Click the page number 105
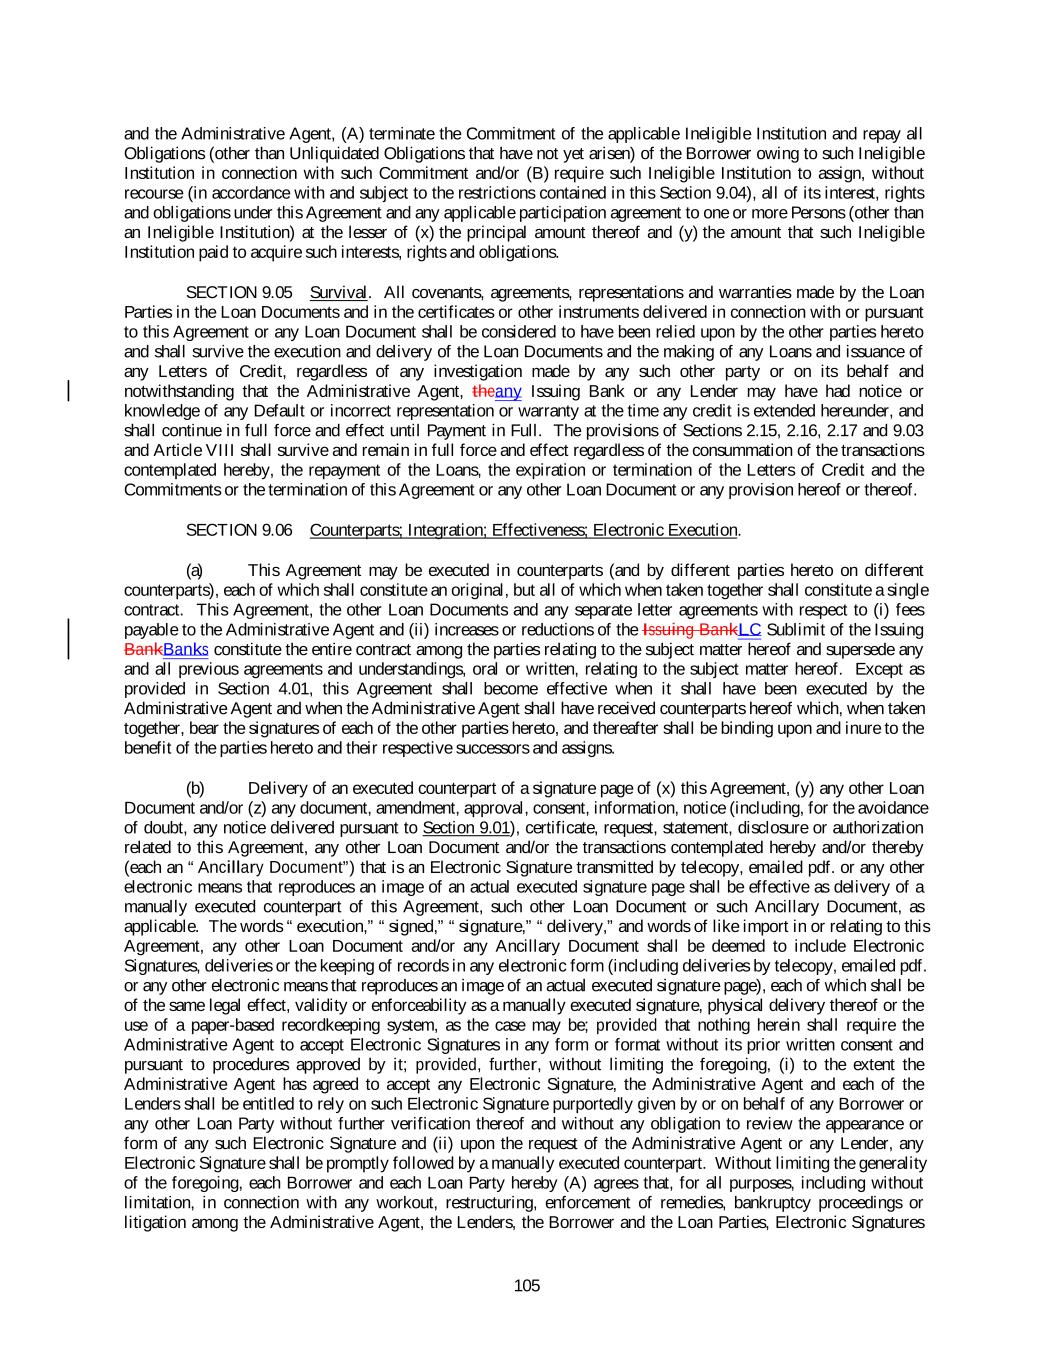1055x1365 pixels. point(527,1286)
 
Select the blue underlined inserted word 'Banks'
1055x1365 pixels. point(185,650)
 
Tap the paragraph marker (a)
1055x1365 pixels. point(195,571)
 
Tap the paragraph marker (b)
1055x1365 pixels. point(195,789)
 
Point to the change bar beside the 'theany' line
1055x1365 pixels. point(68,391)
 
